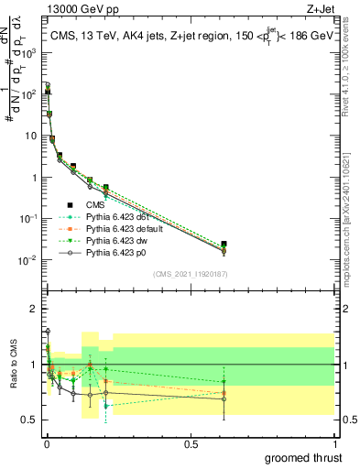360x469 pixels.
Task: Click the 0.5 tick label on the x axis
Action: pyautogui.click(x=191, y=443)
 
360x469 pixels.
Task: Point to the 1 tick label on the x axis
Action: pyautogui.click(x=334, y=443)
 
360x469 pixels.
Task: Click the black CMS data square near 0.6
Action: pyautogui.click(x=224, y=244)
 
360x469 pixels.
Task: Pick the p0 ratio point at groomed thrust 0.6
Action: pyautogui.click(x=224, y=398)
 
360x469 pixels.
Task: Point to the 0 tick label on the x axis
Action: pyautogui.click(x=47, y=443)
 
